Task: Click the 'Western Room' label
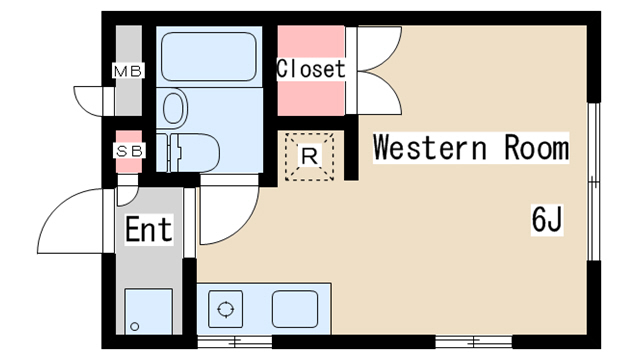tap(471, 148)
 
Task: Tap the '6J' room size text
tap(547, 219)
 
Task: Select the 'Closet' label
tap(311, 69)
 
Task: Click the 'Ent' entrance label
tap(149, 229)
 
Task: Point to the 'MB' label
tap(128, 71)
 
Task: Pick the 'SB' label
tap(129, 151)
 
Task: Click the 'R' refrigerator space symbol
tap(309, 156)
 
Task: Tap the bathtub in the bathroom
tap(209, 56)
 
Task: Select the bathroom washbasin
tap(173, 108)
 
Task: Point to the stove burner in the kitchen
tap(225, 309)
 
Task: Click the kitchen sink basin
tap(295, 309)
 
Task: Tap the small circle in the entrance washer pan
tap(135, 327)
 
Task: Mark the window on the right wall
tap(594, 181)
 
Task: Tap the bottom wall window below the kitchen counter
tap(235, 342)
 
